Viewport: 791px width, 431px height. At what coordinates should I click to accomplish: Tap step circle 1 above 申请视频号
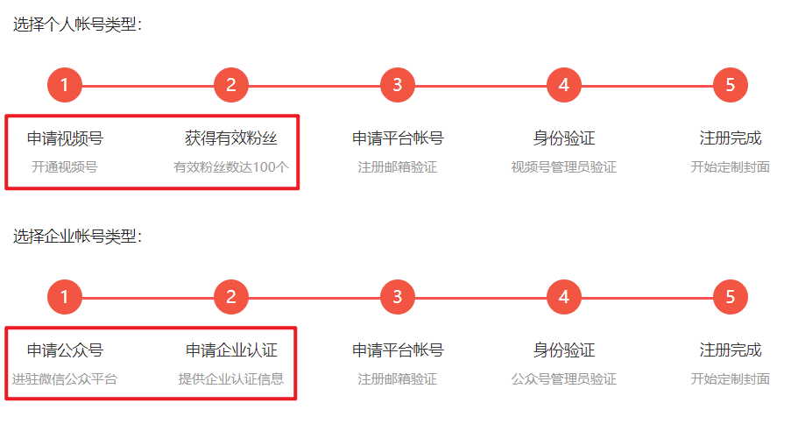[x=65, y=85]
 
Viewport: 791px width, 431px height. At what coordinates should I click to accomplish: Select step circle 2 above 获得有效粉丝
[x=231, y=85]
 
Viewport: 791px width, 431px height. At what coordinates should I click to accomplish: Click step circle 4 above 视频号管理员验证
[x=564, y=85]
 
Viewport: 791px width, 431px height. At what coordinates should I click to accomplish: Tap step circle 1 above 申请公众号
[x=65, y=297]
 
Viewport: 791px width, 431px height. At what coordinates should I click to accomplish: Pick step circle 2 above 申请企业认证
[x=231, y=297]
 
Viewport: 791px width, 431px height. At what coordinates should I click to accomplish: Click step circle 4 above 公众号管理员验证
[x=564, y=297]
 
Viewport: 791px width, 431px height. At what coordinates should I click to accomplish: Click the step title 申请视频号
[x=65, y=138]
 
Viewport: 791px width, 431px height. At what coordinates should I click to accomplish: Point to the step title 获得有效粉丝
[x=231, y=138]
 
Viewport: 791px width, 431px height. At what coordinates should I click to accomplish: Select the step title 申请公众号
[x=65, y=350]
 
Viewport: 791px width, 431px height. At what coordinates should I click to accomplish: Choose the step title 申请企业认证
[x=231, y=350]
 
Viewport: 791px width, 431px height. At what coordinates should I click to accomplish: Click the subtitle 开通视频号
[x=65, y=167]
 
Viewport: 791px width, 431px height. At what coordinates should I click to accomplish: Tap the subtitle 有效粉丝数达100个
[x=231, y=167]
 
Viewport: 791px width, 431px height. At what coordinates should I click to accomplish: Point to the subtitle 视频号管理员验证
[x=564, y=167]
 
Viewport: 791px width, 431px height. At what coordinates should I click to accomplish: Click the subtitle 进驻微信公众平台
[x=65, y=379]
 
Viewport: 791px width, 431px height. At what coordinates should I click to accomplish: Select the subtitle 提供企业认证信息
[x=231, y=379]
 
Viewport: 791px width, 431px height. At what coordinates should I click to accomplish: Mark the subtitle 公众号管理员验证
[x=564, y=379]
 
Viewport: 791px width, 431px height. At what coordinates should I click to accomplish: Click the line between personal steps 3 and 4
[x=481, y=86]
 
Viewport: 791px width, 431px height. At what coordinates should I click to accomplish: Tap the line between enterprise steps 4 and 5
[x=647, y=298]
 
